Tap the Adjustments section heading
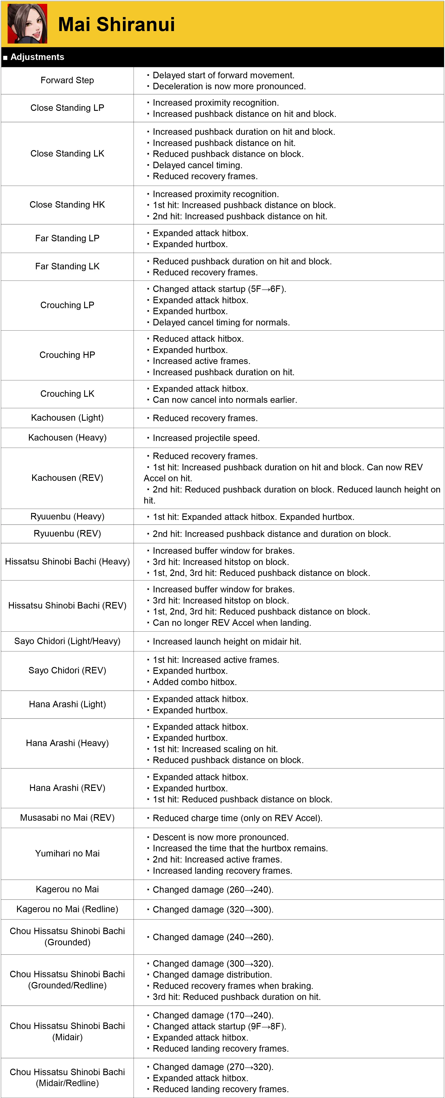click(37, 57)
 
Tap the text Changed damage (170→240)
click(213, 1015)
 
